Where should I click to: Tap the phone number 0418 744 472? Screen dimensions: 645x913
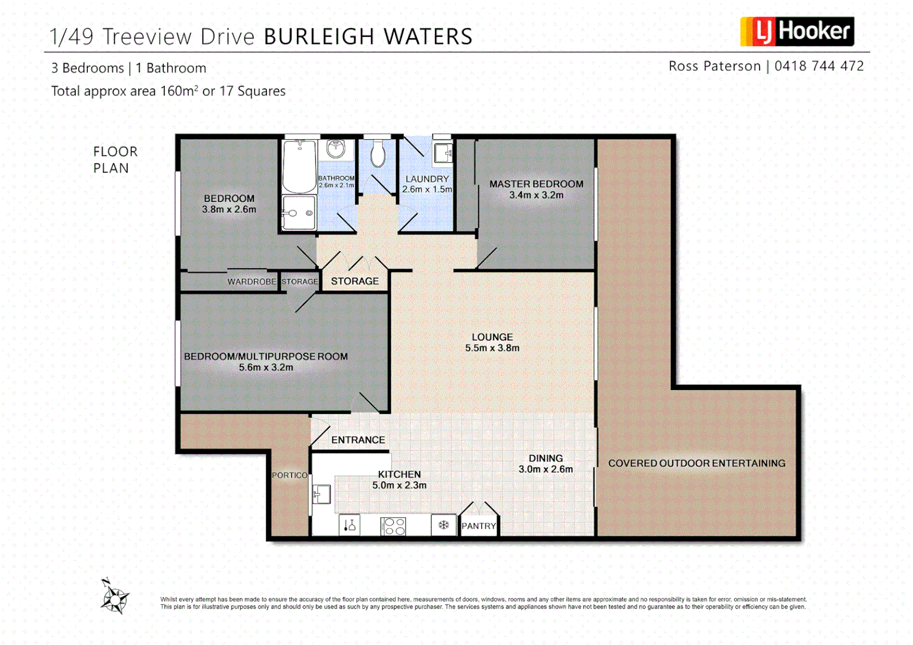[x=819, y=66]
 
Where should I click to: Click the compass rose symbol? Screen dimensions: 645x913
[x=114, y=597]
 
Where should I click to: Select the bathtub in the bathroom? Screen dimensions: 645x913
[x=299, y=166]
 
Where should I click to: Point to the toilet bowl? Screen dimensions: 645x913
[x=378, y=154]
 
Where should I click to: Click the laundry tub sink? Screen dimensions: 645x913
[x=442, y=153]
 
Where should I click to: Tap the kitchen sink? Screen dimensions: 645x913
[x=322, y=494]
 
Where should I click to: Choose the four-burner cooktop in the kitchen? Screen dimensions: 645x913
[x=394, y=526]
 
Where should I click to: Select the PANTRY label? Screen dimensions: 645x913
[x=479, y=526]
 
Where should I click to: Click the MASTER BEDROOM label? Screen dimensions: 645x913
[x=536, y=184]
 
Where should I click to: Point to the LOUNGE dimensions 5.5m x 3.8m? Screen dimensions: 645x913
[x=492, y=348]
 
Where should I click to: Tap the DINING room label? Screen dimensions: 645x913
[x=546, y=458]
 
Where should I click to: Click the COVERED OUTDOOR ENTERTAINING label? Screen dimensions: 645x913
[x=697, y=463]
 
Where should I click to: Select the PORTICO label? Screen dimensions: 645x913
[x=290, y=475]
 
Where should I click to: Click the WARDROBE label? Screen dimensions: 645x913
[x=252, y=282]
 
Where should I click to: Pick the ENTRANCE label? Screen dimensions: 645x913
[x=358, y=440]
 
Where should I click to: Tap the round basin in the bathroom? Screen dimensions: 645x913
[x=336, y=148]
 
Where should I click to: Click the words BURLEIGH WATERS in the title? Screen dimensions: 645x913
[x=368, y=37]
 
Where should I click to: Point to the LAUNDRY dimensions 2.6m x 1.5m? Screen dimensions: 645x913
[x=427, y=189]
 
